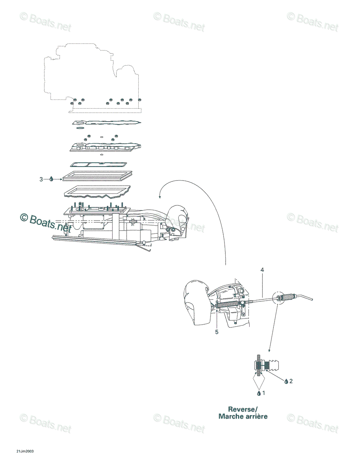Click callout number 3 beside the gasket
tap(41, 179)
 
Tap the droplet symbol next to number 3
tap(51, 179)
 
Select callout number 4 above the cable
tap(262, 270)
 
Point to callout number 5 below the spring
tap(217, 332)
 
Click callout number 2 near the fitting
tap(291, 381)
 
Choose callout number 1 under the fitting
tap(264, 393)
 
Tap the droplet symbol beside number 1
tap(259, 393)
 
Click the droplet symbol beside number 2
tap(286, 382)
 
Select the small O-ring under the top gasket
tap(80, 128)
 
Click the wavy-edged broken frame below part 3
tap(97, 192)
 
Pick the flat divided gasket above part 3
tap(99, 165)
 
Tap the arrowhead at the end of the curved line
tap(159, 196)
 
